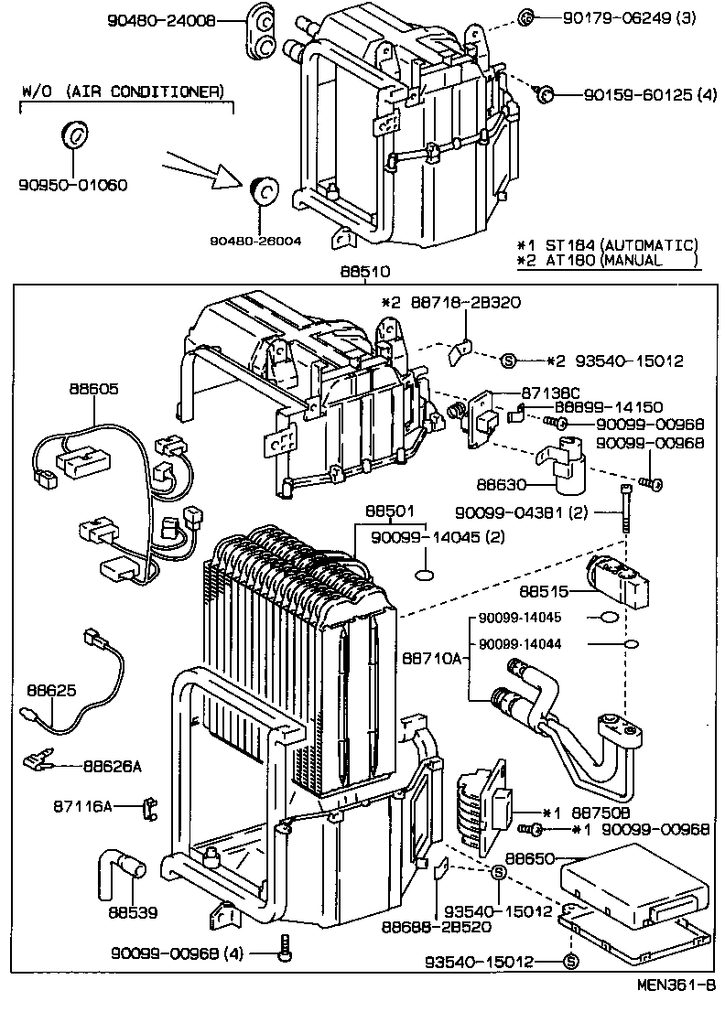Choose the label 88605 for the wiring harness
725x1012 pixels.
click(x=92, y=389)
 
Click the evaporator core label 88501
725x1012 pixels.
click(x=390, y=510)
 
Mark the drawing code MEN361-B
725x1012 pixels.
click(x=677, y=985)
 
